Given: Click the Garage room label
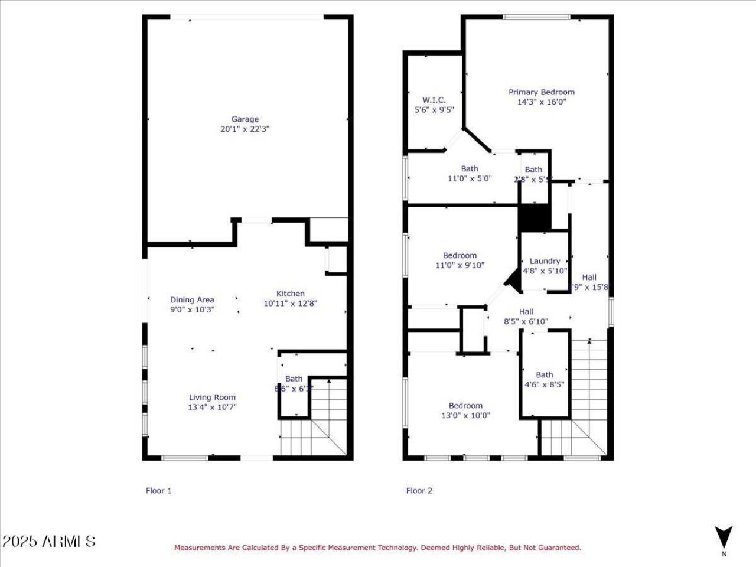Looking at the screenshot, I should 245,119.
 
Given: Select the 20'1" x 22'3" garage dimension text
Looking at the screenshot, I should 245,129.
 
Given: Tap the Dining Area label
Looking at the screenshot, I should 192,300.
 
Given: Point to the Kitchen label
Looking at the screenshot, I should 291,294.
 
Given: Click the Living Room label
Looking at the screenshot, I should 212,397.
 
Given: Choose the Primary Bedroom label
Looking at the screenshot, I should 541,92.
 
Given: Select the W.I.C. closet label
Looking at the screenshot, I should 434,100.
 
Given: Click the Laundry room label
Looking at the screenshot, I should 545,261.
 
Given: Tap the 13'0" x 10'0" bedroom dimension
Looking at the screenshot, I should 465,415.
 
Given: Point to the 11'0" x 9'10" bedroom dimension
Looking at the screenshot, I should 460,265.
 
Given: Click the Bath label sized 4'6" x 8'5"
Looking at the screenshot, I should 545,375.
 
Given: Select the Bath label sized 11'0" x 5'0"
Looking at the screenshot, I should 470,169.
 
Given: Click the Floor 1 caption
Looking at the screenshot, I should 159,490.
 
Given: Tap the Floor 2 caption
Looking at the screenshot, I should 419,490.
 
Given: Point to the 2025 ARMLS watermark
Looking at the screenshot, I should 48,541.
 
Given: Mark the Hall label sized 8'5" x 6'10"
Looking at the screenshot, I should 526,312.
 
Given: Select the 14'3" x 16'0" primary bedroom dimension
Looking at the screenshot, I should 541,102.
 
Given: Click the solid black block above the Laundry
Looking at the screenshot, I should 535,217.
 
